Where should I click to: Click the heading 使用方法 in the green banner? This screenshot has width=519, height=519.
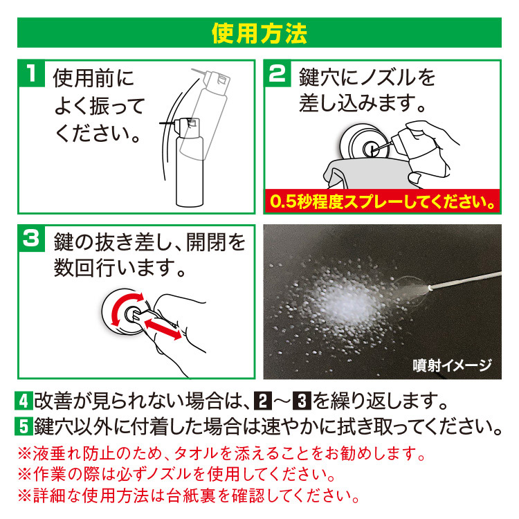(x=259, y=32)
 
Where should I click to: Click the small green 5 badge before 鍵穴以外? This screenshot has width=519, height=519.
(x=23, y=424)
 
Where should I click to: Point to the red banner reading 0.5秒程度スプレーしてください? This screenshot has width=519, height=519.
(x=383, y=201)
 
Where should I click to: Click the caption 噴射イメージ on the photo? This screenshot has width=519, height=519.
(x=450, y=365)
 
